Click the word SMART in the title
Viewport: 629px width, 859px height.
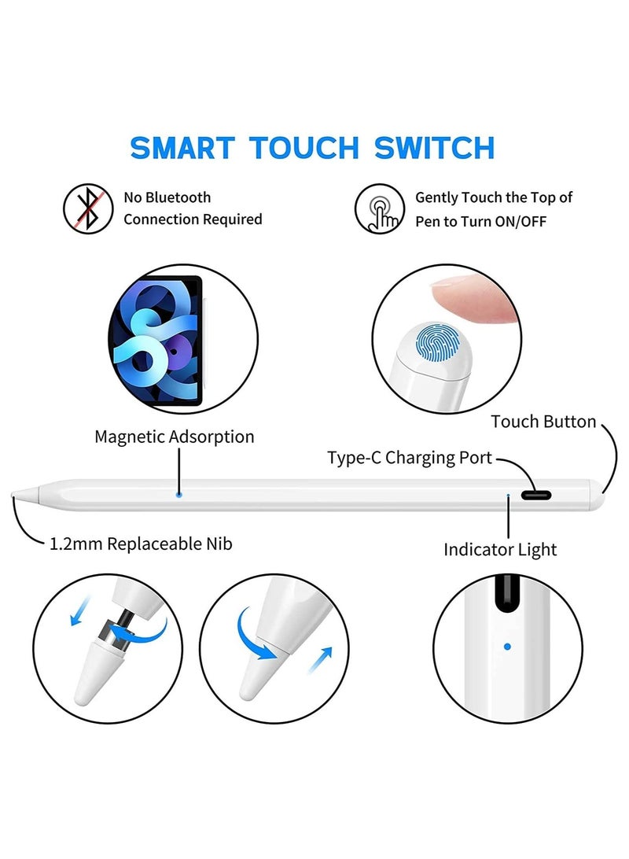182,147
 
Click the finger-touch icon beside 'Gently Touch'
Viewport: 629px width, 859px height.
379,209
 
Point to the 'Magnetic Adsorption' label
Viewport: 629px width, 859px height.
175,436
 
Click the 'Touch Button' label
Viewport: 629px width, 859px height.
543,422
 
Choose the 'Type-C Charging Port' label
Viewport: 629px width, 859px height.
410,458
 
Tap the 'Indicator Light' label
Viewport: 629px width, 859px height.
500,549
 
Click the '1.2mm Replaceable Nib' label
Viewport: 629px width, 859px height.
141,544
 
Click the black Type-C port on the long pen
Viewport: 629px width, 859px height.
535,496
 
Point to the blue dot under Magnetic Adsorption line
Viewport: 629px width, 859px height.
180,495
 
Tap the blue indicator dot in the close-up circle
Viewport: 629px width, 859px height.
507,647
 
